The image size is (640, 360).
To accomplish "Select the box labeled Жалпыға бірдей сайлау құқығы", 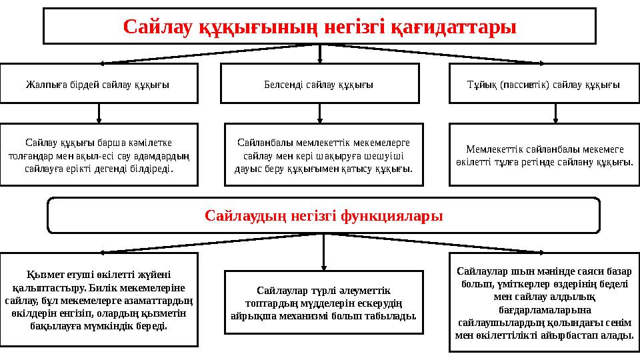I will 98,84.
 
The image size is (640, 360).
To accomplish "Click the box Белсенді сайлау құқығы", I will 319,84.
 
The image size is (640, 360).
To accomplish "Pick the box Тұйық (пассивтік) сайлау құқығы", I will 544,84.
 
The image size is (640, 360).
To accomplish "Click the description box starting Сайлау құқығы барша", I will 98,155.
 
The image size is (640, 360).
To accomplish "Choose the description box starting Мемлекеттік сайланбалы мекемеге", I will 544,155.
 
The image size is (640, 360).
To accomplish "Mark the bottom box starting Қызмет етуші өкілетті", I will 98,299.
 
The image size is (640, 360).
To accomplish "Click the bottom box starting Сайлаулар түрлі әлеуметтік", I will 323,302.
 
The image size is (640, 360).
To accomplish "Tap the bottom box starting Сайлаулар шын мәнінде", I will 544,302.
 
